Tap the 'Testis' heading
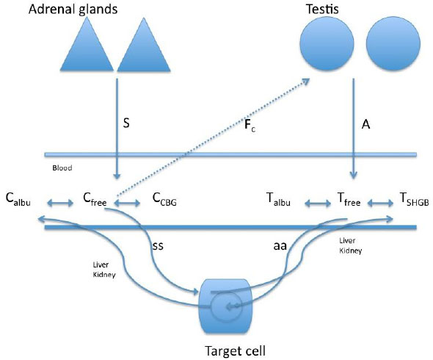click(x=322, y=9)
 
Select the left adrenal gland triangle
click(x=87, y=43)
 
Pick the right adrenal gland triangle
click(x=144, y=44)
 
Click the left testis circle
click(x=327, y=43)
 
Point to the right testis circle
click(x=393, y=43)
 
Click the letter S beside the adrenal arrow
click(x=126, y=123)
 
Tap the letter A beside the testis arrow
click(x=365, y=124)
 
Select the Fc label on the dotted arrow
click(x=250, y=125)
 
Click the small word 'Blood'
click(x=62, y=168)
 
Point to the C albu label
click(x=18, y=199)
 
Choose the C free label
click(x=95, y=199)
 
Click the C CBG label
click(x=164, y=199)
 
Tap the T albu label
click(x=278, y=199)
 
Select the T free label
click(x=349, y=199)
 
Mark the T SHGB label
click(x=414, y=199)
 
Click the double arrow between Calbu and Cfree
click(x=60, y=204)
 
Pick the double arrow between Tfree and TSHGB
click(x=380, y=204)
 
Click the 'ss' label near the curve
click(x=158, y=246)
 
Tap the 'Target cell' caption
click(x=236, y=351)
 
